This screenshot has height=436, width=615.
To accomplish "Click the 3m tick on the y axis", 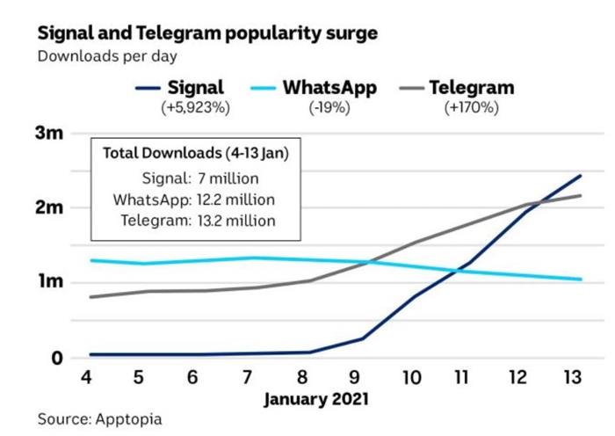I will pos(50,134).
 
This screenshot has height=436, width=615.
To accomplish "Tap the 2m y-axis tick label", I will pos(50,208).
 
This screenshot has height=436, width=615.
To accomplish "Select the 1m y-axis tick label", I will pos(50,283).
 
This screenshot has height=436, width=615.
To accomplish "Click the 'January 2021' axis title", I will pos(317,400).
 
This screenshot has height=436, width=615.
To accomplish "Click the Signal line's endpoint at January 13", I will pos(581,176).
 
